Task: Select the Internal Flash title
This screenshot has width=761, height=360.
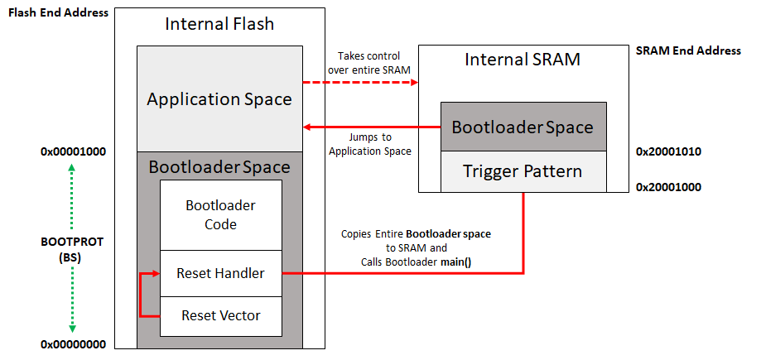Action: coord(219,24)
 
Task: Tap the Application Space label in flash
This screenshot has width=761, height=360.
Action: coord(219,99)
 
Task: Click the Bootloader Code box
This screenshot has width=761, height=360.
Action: coord(220,214)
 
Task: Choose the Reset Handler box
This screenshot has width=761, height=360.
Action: coord(220,272)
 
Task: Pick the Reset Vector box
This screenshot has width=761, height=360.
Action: coord(220,315)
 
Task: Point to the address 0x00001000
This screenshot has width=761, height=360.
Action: coord(72,152)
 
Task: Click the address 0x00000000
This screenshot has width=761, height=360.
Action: coord(72,343)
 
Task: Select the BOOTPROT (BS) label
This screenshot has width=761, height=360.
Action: coord(72,250)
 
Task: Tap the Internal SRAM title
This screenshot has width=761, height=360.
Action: coord(523,59)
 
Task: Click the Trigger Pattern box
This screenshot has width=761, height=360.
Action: coord(523,172)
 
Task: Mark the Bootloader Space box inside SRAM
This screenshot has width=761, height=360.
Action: coord(523,127)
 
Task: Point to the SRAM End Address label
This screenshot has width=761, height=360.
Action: coord(688,50)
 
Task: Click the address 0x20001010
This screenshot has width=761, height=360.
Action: coord(668,152)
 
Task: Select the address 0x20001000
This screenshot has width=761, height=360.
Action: coord(668,187)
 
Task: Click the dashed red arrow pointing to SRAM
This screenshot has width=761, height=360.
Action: coord(361,83)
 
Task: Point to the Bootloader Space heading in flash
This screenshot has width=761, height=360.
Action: coord(219,167)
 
